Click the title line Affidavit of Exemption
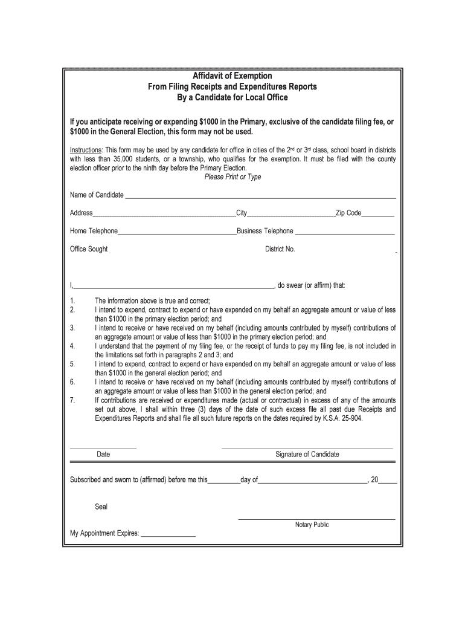coord(232,76)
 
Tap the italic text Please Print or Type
coord(232,177)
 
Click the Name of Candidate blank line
coord(260,196)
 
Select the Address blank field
coord(164,214)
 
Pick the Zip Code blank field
coord(378,214)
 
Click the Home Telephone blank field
coord(177,232)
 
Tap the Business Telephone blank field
coord(345,232)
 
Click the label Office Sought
coord(89,249)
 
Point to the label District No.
coord(280,249)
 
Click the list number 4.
coord(72,346)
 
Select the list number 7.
coord(72,400)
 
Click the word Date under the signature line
coord(103,454)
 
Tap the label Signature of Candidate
coord(307,454)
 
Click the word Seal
coord(101,507)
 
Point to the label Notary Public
coord(312,525)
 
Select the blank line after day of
coord(313,482)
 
